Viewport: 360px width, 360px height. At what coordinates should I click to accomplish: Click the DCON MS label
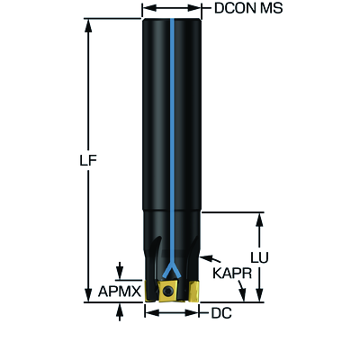248,8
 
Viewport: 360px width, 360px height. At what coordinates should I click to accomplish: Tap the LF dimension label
88,161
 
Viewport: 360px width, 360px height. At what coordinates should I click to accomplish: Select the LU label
260,258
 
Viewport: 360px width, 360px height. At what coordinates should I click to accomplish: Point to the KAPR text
232,274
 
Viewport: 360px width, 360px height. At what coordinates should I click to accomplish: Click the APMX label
120,292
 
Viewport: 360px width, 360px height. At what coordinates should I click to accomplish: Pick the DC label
221,313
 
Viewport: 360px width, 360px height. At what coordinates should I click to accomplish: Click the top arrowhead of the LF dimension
88,25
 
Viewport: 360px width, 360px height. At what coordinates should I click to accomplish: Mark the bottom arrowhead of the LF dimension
88,295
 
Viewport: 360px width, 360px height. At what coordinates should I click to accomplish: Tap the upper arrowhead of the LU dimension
260,220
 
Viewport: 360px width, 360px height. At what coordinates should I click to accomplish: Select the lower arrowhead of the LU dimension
260,295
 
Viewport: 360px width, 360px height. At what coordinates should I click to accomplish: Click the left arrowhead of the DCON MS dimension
148,8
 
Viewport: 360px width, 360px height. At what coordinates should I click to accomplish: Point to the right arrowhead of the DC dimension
192,313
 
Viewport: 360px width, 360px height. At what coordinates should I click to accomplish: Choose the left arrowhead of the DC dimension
151,313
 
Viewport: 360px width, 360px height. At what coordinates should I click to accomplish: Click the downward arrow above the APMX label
120,270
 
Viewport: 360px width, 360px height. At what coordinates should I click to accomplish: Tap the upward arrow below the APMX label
120,311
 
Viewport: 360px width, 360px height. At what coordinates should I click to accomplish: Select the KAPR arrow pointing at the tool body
211,259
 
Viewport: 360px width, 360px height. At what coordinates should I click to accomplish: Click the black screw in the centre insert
167,291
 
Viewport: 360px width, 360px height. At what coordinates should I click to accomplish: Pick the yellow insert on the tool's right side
193,291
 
